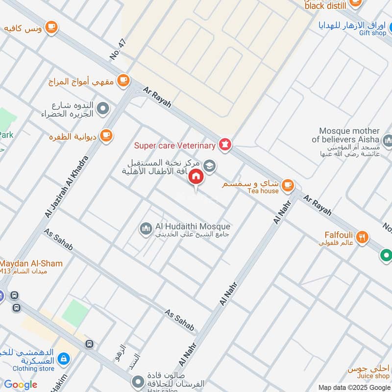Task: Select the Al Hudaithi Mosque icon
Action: click(x=146, y=229)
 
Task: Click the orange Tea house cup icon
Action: click(x=288, y=185)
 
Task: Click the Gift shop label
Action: click(x=372, y=33)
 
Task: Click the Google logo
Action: click(x=21, y=385)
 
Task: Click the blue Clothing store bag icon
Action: click(x=63, y=360)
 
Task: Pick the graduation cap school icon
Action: click(x=210, y=166)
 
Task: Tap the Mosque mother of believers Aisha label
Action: click(x=349, y=135)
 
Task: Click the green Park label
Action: click(x=6, y=135)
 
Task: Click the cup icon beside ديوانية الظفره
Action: click(x=106, y=136)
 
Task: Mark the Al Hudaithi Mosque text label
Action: click(x=192, y=226)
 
